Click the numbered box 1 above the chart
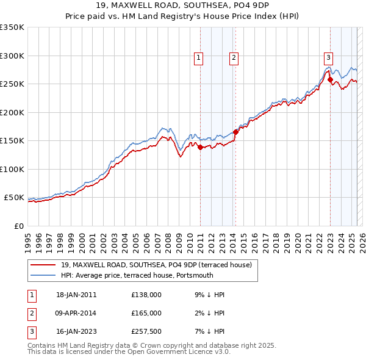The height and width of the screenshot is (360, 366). tap(199, 58)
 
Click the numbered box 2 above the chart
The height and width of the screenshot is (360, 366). tap(234, 58)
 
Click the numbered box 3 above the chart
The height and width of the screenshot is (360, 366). tap(328, 58)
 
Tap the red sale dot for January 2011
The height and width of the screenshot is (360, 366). tap(200, 146)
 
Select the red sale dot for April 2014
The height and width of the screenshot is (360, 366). tap(235, 132)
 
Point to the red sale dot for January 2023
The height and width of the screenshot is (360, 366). tap(330, 79)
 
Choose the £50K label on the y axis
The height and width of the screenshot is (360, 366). tap(14, 198)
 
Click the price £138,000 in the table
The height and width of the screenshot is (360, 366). tap(146, 295)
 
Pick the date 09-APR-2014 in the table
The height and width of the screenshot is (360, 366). tap(76, 313)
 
